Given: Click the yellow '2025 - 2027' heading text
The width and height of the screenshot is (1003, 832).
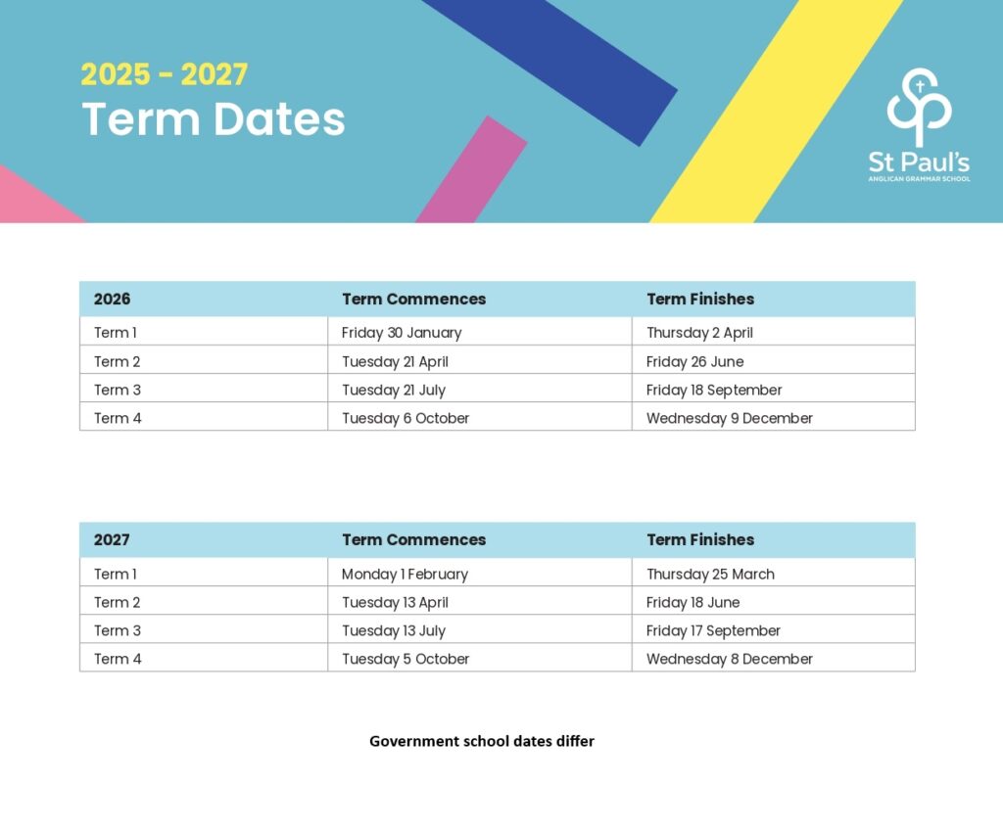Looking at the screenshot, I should pyautogui.click(x=164, y=74).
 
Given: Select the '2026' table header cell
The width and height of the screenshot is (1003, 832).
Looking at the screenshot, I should pyautogui.click(x=112, y=299).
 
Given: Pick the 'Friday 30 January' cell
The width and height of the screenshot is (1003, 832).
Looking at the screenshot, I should pyautogui.click(x=402, y=333).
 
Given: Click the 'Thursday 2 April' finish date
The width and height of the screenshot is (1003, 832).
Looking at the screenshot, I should pyautogui.click(x=699, y=333).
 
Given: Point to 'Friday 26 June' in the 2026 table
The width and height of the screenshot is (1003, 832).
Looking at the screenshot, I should pyautogui.click(x=694, y=361).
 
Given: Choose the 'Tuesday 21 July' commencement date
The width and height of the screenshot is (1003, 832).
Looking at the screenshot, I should pyautogui.click(x=394, y=390).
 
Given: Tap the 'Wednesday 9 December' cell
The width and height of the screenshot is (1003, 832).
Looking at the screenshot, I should pyautogui.click(x=730, y=418).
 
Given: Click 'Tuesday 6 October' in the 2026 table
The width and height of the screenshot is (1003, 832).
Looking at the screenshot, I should pyautogui.click(x=406, y=418).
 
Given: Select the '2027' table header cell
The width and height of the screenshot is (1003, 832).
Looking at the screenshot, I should pyautogui.click(x=112, y=539).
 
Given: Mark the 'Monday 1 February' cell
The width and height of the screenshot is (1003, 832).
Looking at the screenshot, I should pyautogui.click(x=405, y=574).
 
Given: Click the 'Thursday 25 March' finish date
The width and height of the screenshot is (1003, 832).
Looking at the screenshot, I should pyautogui.click(x=710, y=574).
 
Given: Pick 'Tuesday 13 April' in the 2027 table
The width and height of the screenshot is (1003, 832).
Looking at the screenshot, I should pyautogui.click(x=395, y=602).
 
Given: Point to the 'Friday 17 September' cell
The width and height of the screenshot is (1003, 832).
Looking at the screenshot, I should pyautogui.click(x=713, y=630).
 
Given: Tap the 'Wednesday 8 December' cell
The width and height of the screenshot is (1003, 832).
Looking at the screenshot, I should pyautogui.click(x=730, y=659).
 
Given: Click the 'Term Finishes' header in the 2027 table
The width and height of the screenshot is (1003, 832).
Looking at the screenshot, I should pyautogui.click(x=700, y=539).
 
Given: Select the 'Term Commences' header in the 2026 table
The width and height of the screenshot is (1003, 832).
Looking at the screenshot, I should pyautogui.click(x=413, y=299).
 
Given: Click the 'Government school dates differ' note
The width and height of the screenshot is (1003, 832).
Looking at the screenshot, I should pyautogui.click(x=482, y=741).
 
